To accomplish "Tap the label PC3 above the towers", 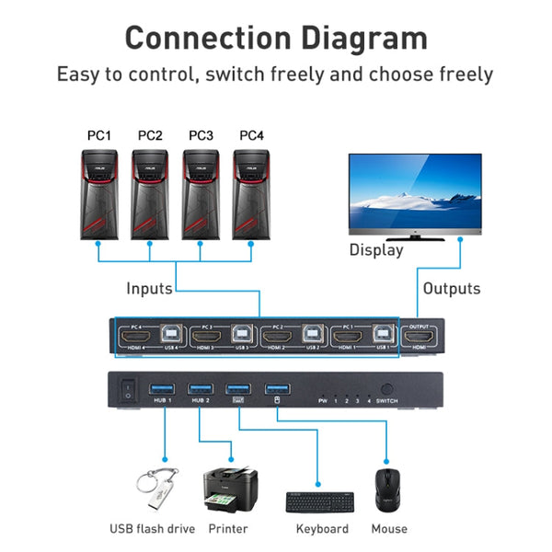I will point(201,136).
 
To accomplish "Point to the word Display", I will point(375,249).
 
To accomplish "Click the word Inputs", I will point(149,289).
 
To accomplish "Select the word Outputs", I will point(451,289).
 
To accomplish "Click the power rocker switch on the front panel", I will point(128,391).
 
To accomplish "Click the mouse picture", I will point(387,490).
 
